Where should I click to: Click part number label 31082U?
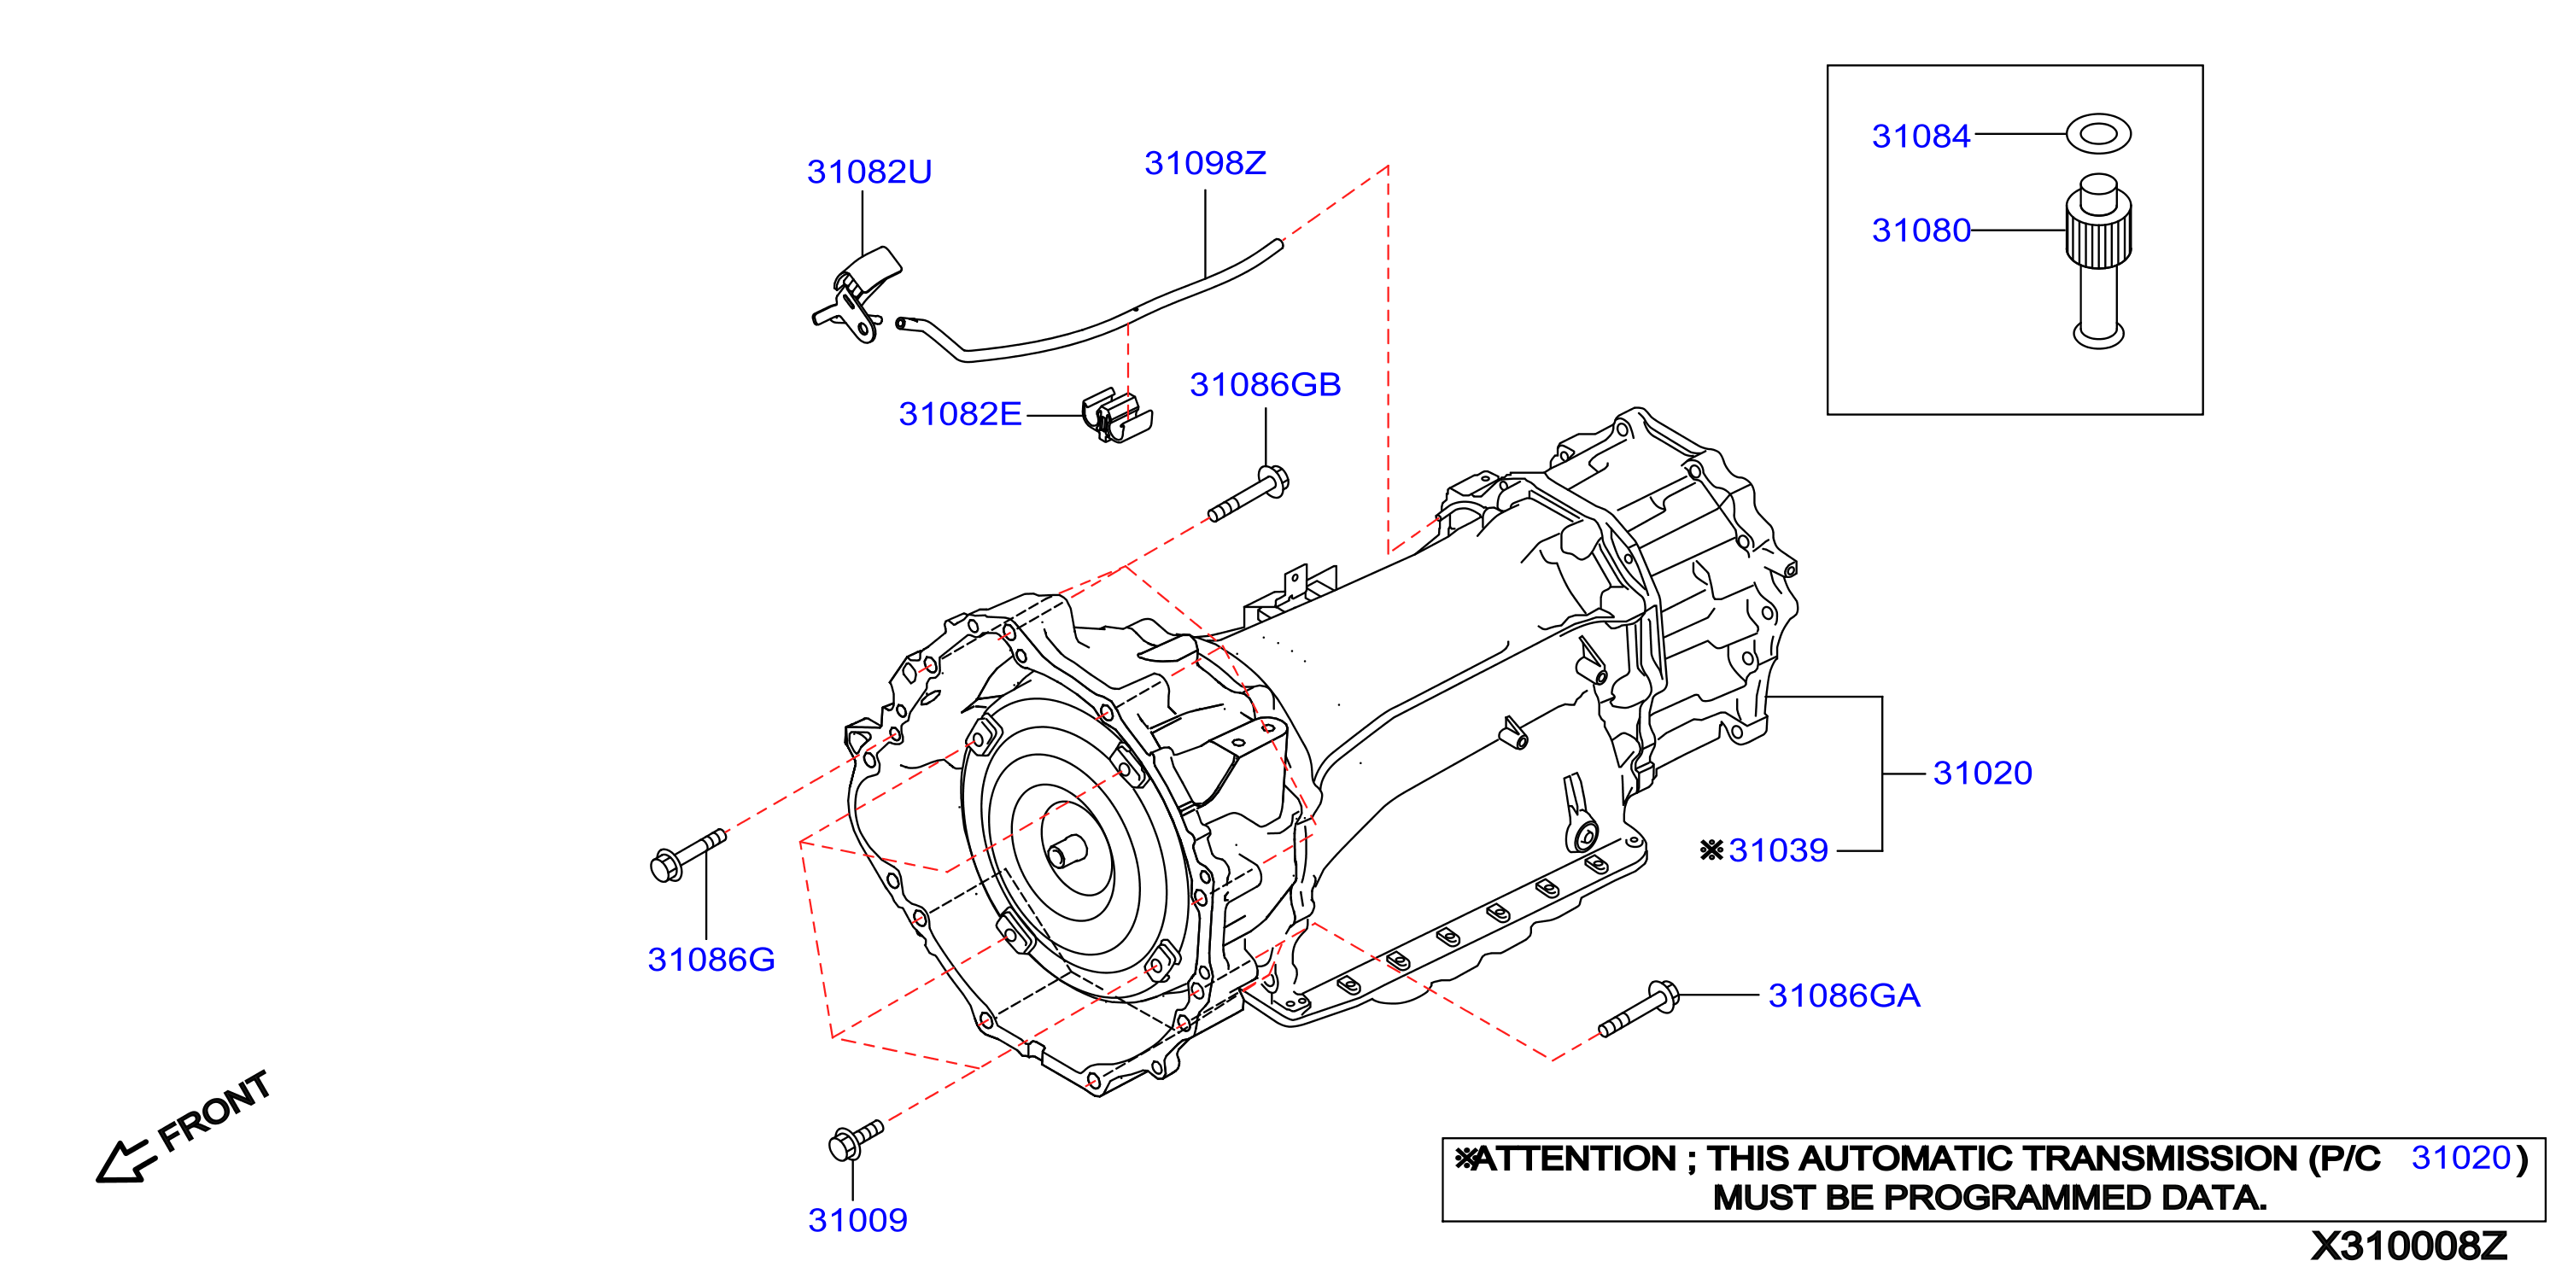click(869, 172)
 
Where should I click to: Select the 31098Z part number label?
click(1205, 163)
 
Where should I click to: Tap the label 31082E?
click(959, 414)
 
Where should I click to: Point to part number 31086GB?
click(1265, 384)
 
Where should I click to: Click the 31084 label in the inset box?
click(1921, 136)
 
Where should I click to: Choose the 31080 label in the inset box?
click(1921, 230)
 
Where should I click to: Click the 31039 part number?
click(1778, 850)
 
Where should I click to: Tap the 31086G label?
click(711, 959)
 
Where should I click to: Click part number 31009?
click(857, 1221)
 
